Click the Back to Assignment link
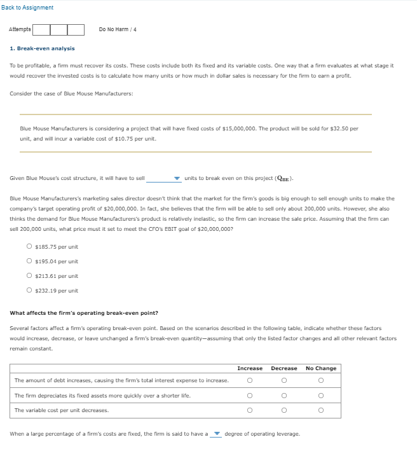tap(27, 7)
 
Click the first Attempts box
tap(41, 29)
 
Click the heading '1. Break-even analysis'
tap(42, 48)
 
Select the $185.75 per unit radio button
tap(29, 247)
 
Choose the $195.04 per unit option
tap(29, 261)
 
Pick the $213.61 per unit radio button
tap(29, 276)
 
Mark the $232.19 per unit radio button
tap(29, 291)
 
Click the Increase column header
tap(250, 368)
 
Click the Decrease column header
tap(284, 368)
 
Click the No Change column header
tap(321, 368)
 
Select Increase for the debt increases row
tap(250, 381)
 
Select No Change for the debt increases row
tap(321, 381)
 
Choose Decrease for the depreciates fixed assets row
tap(284, 396)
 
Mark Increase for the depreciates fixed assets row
tap(250, 396)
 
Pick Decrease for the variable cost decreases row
tap(284, 410)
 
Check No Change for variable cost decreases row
tap(321, 410)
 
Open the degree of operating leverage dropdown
tap(216, 434)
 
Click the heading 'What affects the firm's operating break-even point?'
tap(84, 313)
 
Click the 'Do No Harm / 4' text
tap(118, 29)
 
